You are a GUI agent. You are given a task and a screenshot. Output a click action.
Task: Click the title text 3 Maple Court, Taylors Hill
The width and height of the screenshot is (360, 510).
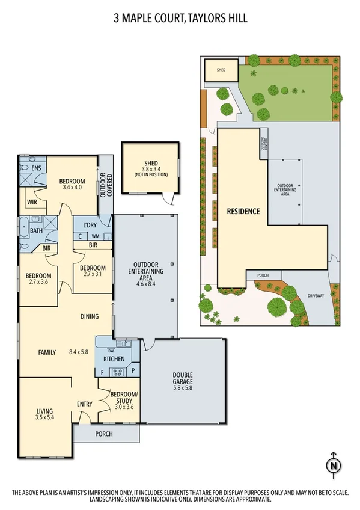pos(180,19)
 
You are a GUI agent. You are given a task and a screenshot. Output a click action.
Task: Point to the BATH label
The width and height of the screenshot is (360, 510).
pos(36,230)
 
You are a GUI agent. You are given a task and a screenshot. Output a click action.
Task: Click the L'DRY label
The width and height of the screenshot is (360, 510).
pos(90,225)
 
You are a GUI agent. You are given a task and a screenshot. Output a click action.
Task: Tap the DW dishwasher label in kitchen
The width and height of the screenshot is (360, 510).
pos(111,351)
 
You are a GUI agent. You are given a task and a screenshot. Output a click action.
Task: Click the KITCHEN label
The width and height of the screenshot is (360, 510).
pos(114,359)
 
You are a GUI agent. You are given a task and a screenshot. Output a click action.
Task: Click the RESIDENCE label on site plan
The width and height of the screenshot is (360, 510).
pos(243,211)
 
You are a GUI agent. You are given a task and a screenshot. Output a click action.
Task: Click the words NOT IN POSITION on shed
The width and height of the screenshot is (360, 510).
pos(151,175)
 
